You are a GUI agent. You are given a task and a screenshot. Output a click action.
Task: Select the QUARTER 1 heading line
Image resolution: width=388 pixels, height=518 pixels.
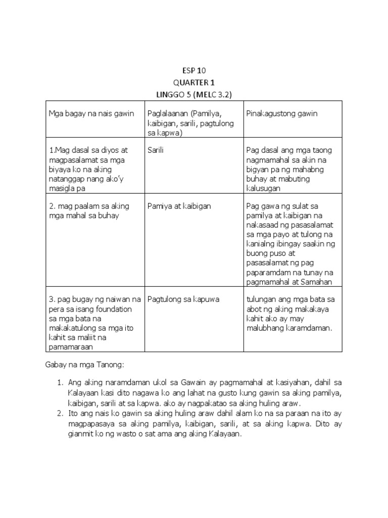[x=194, y=82]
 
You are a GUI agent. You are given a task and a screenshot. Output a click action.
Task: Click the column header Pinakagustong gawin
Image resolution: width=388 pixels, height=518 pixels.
[x=281, y=113]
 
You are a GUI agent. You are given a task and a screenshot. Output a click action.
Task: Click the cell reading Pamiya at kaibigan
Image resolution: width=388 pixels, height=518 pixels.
[x=179, y=206]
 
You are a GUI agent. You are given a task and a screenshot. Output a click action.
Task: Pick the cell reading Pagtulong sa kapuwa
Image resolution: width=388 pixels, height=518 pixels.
[x=183, y=299]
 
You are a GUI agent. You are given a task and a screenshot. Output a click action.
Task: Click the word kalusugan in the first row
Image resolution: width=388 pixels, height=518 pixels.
[x=263, y=188]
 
